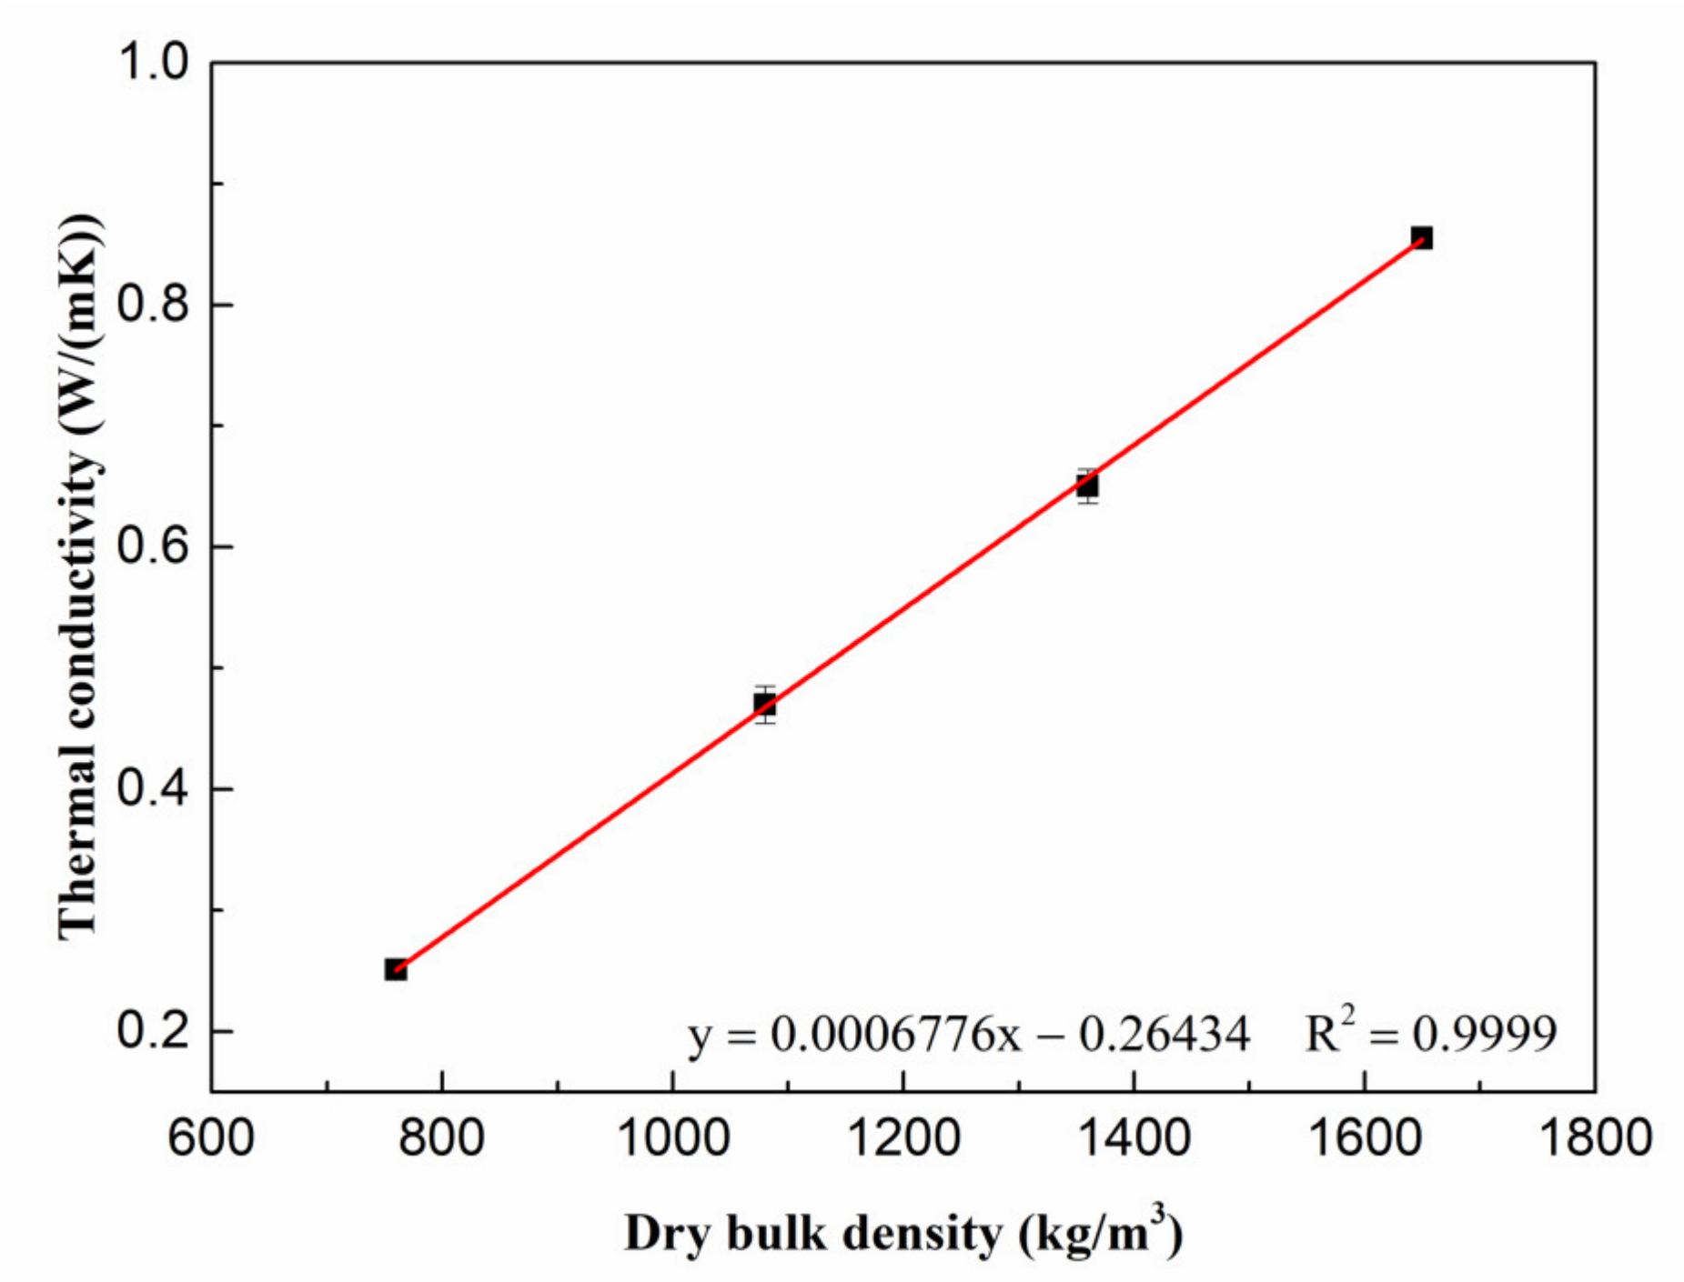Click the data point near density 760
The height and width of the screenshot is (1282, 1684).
click(396, 969)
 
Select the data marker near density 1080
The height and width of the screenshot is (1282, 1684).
click(765, 704)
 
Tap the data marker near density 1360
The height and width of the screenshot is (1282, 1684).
click(1087, 486)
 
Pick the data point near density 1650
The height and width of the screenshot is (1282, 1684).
click(1421, 238)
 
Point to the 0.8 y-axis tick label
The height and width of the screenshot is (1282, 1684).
click(153, 305)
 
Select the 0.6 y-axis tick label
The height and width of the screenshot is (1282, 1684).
click(153, 546)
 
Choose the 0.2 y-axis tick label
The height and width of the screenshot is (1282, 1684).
click(153, 1031)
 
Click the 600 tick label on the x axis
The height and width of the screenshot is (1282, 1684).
click(211, 1137)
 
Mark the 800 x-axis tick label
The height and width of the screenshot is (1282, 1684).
click(442, 1137)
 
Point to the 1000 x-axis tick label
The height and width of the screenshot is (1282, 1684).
click(672, 1137)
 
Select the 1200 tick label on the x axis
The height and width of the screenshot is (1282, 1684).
click(903, 1137)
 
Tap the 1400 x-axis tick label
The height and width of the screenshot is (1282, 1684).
click(1134, 1137)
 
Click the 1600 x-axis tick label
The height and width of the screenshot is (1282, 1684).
click(1365, 1137)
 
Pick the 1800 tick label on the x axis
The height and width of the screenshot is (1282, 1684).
click(1595, 1137)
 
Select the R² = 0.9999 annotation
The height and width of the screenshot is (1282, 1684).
click(1430, 1033)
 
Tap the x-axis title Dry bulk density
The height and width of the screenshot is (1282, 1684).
click(903, 1235)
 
